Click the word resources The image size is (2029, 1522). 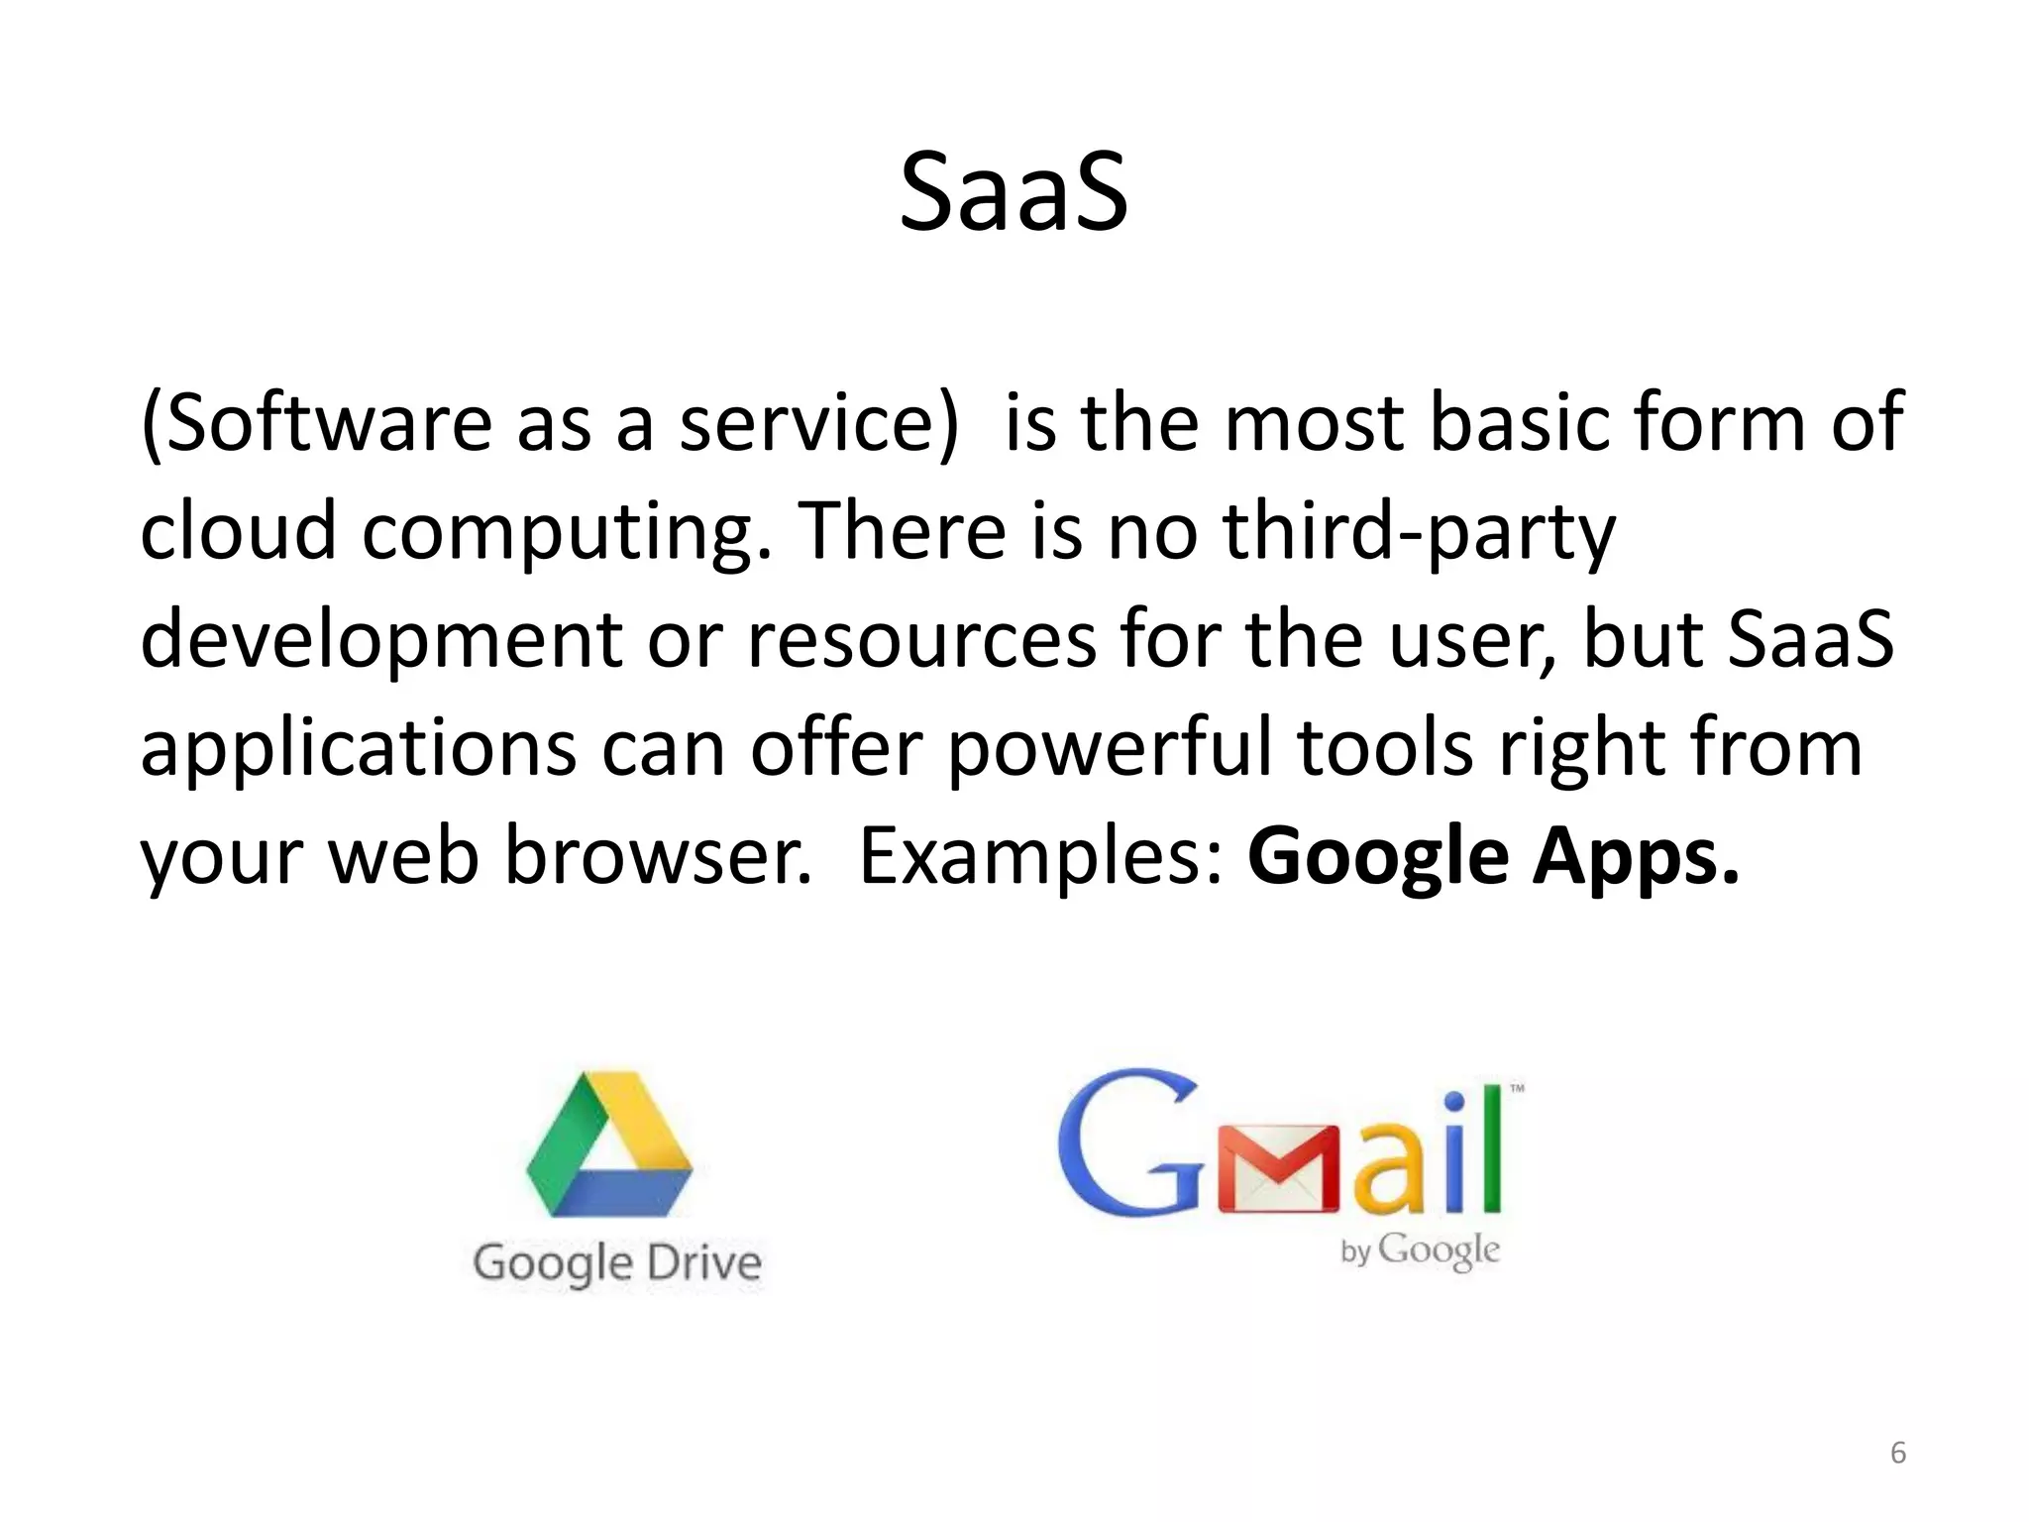tap(921, 639)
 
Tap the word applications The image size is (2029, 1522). tap(358, 750)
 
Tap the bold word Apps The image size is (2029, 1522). tap(1635, 858)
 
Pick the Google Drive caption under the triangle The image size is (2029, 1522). tap(617, 1263)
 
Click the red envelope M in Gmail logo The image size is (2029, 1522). tap(1279, 1169)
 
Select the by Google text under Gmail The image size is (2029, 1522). tap(1420, 1251)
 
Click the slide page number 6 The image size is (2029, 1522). tap(1897, 1453)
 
